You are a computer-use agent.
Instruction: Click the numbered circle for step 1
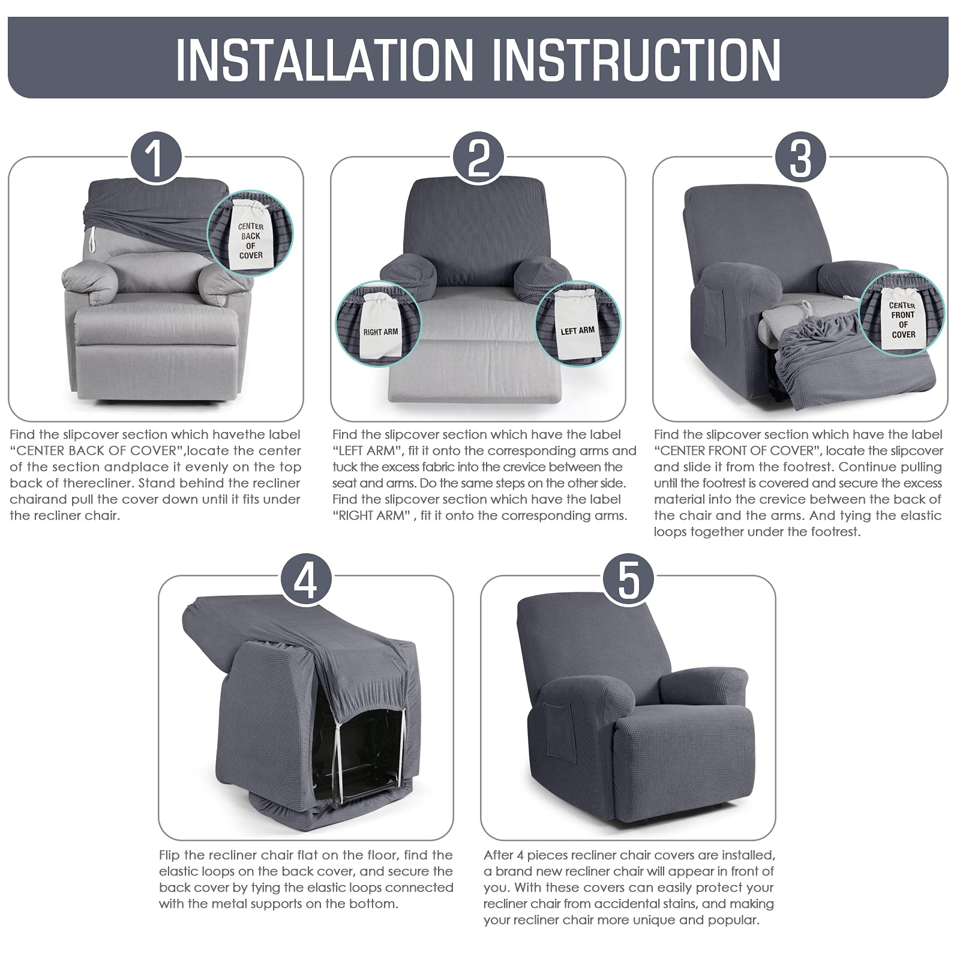(x=156, y=158)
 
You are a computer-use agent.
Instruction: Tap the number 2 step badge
(x=478, y=158)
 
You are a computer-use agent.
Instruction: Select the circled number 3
(x=800, y=158)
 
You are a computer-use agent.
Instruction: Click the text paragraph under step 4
(x=306, y=879)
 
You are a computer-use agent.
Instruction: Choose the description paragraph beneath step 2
(x=484, y=475)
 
